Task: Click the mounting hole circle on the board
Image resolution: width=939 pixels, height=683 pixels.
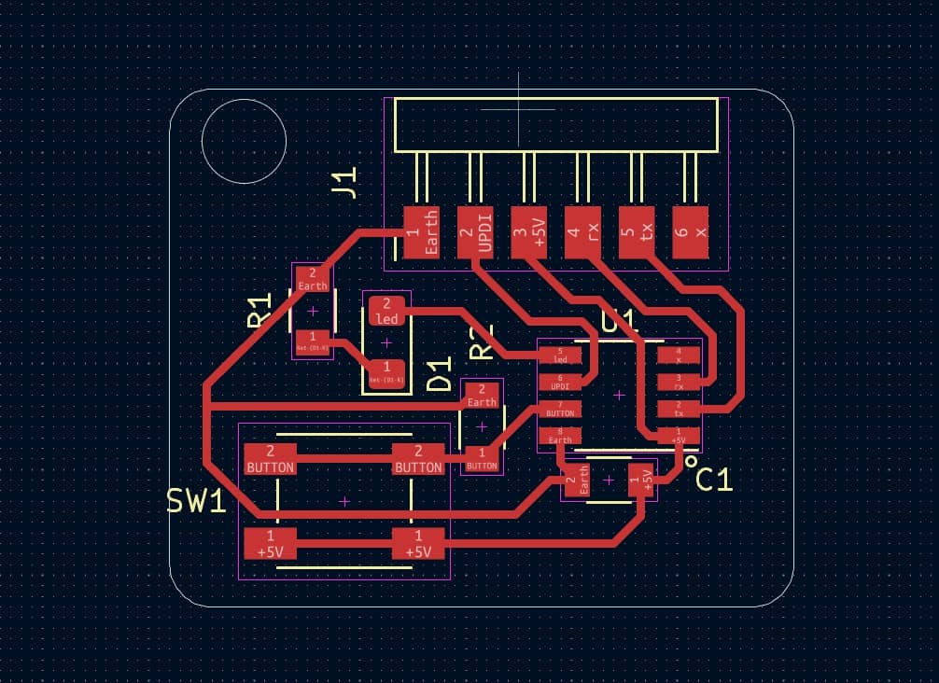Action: click(244, 142)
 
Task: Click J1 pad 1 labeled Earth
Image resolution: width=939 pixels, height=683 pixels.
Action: click(422, 233)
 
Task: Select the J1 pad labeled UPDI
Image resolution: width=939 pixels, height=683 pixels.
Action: click(476, 233)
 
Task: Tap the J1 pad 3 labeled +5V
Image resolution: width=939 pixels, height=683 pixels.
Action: click(530, 233)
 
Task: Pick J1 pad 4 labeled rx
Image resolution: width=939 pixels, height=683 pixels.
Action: click(583, 233)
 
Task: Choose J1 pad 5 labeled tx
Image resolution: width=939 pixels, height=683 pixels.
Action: click(638, 233)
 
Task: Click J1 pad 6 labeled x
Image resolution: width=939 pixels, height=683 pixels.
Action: click(692, 233)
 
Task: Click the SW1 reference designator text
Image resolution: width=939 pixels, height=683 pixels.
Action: click(197, 501)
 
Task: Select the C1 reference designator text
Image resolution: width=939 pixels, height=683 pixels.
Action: click(715, 480)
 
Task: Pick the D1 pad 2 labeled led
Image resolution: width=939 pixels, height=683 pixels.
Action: click(386, 311)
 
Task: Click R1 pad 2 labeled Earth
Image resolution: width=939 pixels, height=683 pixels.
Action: click(313, 279)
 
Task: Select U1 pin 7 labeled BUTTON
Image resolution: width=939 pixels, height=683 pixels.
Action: click(560, 409)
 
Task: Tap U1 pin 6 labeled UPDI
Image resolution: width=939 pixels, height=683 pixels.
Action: click(560, 382)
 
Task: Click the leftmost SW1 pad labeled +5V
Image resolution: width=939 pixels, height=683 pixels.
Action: click(270, 544)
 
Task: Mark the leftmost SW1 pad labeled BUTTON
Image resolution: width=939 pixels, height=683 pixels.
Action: click(270, 459)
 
